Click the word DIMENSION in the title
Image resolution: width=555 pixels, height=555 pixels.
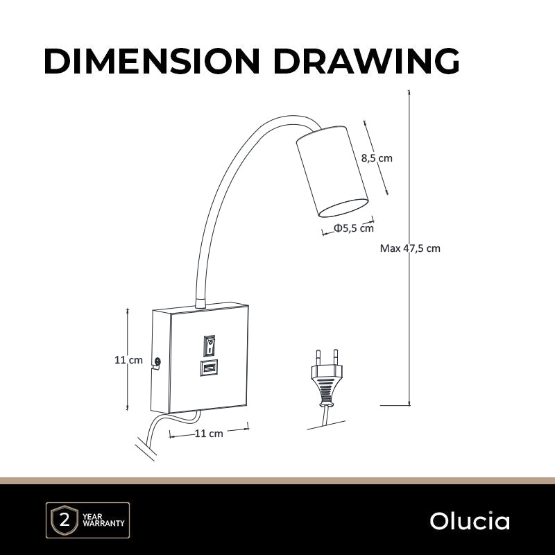pos(152,61)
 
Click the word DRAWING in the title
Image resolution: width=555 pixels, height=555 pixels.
pos(367,61)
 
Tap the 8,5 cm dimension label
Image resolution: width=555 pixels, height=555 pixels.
pos(377,158)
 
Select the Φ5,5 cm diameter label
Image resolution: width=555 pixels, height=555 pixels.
pos(354,228)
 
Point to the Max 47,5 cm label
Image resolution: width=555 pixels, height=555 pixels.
pos(410,248)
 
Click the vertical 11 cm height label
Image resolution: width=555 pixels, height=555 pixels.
pos(128,360)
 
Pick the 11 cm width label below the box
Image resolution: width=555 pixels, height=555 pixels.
pos(209,433)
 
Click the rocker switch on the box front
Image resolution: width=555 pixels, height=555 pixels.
pos(210,345)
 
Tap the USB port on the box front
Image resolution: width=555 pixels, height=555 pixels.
pos(209,368)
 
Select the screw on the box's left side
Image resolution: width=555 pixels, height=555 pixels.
pos(157,361)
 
